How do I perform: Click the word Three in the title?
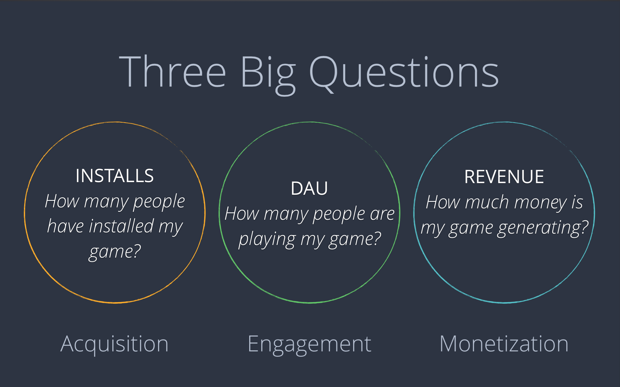pyautogui.click(x=172, y=71)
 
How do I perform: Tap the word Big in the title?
pyautogui.click(x=268, y=75)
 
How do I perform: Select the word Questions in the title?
pyautogui.click(x=404, y=74)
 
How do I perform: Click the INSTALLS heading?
pyautogui.click(x=115, y=176)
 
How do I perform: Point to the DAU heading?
pyautogui.click(x=309, y=188)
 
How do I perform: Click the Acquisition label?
pyautogui.click(x=114, y=344)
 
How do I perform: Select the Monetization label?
pyautogui.click(x=504, y=344)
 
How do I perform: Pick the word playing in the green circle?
pyautogui.click(x=267, y=240)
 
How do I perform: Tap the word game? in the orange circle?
pyautogui.click(x=115, y=252)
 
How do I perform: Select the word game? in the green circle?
pyautogui.click(x=355, y=240)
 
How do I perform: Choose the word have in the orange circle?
pyautogui.click(x=65, y=226)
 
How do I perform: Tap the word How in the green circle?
pyautogui.click(x=242, y=214)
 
